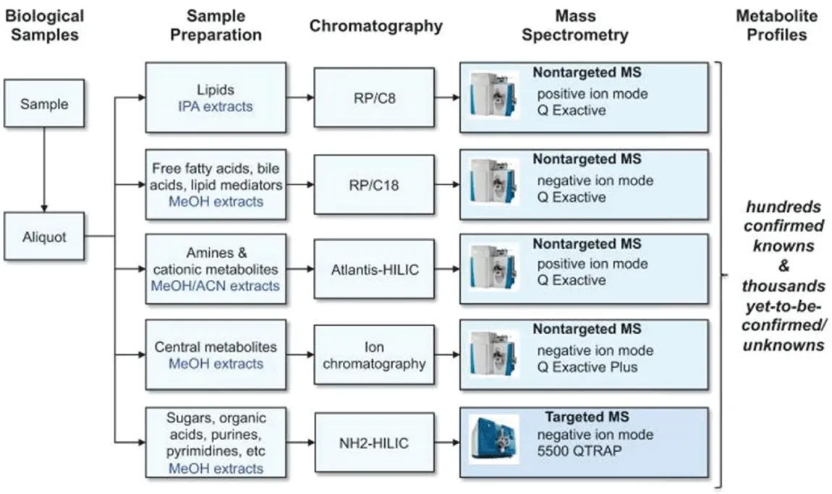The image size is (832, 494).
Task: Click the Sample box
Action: click(44, 103)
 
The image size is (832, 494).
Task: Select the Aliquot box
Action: click(44, 236)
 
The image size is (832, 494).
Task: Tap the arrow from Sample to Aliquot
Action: click(44, 170)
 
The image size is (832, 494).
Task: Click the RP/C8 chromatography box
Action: click(374, 98)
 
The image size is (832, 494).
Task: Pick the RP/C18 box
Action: click(374, 184)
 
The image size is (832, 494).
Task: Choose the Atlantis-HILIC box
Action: click(374, 269)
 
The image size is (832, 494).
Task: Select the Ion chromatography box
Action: click(374, 355)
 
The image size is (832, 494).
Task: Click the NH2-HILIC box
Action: click(374, 443)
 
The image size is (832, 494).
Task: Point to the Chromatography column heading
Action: click(375, 25)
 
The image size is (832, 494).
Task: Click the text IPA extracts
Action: click(216, 106)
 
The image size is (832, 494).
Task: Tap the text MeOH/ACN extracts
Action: click(216, 286)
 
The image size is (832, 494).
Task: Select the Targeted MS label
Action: click(587, 417)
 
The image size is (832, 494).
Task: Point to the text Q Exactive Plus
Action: click(587, 367)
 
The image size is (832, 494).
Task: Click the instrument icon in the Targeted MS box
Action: click(493, 440)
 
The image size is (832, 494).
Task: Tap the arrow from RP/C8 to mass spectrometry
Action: click(447, 98)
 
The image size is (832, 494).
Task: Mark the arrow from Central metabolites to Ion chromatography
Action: click(300, 354)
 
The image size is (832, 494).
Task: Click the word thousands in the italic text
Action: click(784, 286)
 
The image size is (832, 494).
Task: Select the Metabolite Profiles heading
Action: click(777, 25)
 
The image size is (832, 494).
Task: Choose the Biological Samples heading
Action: click(45, 25)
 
